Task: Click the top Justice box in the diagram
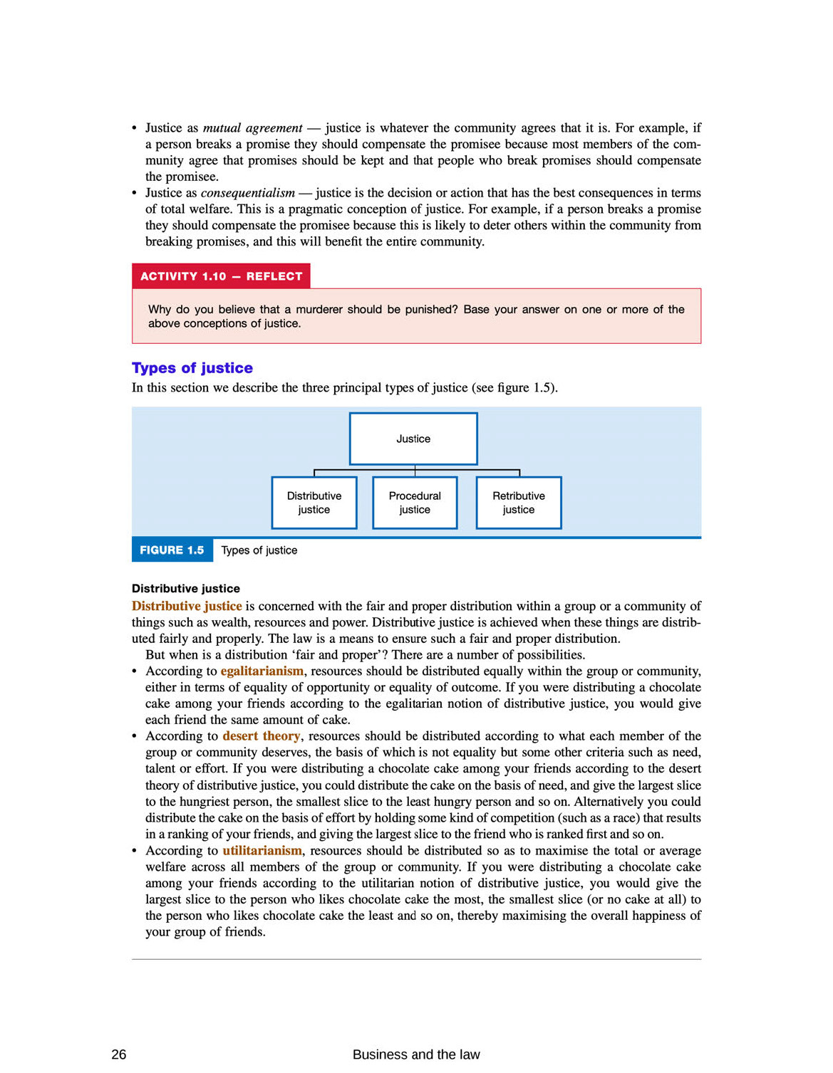click(x=413, y=439)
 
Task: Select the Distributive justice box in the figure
click(x=314, y=503)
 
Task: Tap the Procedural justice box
click(x=415, y=503)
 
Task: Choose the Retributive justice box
click(x=519, y=503)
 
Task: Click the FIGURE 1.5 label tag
click(x=172, y=550)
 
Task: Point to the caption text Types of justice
click(x=259, y=550)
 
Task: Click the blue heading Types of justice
click(x=192, y=368)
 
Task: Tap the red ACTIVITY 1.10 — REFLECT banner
click(x=221, y=276)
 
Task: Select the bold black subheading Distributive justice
click(x=186, y=589)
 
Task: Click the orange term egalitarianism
click(x=262, y=671)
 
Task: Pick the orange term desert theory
click(x=261, y=736)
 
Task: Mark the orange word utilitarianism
click(x=262, y=851)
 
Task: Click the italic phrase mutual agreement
click(x=252, y=128)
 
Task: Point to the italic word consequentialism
click(x=247, y=193)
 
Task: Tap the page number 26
click(x=119, y=1054)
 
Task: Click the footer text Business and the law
click(x=416, y=1054)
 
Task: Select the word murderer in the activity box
click(x=320, y=310)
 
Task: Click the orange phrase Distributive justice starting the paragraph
click(x=187, y=606)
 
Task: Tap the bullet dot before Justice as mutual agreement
click(x=135, y=128)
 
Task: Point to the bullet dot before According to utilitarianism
click(x=135, y=851)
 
